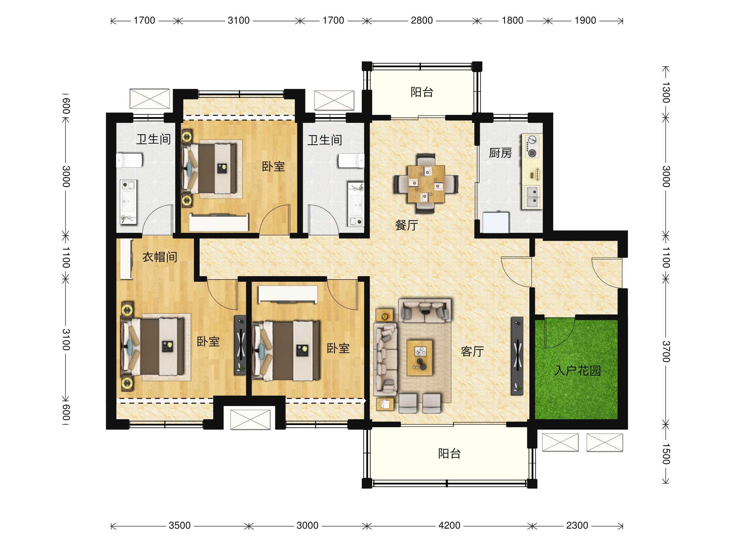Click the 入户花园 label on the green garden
coord(577,370)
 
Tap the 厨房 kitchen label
coord(500,153)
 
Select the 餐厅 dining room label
coord(406,225)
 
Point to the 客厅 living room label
coord(472,351)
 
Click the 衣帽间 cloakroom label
coord(160,257)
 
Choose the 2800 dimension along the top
coord(422,20)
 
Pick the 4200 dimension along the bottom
coord(449,526)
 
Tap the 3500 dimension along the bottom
coord(180,526)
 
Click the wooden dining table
coord(426,184)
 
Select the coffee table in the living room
coord(420,358)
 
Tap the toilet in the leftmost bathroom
coord(129,160)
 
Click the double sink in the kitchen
coord(532,197)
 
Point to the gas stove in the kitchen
coord(532,146)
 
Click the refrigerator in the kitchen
coord(495,222)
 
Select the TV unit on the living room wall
coord(517,356)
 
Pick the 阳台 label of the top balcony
coord(422,92)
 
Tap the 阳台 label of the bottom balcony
coord(449,453)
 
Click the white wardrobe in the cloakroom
coord(126,259)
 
